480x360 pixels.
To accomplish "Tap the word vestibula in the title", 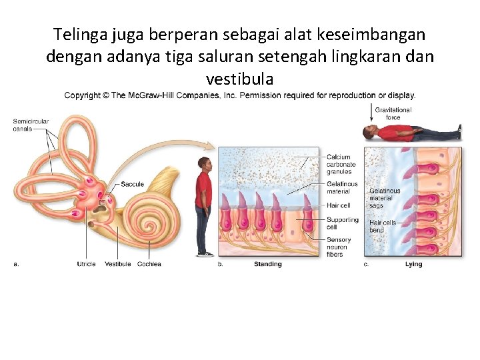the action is click(x=240, y=79).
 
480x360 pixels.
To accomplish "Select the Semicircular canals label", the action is click(x=31, y=125).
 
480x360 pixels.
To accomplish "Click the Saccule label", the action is click(x=132, y=184).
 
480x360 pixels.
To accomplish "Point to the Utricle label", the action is click(x=86, y=264).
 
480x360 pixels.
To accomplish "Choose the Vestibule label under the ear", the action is click(x=118, y=264).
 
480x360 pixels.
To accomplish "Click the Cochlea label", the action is click(x=149, y=264).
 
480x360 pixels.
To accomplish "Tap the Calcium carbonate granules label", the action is click(x=341, y=165).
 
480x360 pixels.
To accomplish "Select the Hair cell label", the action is click(x=339, y=205).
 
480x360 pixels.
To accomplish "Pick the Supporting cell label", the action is click(x=342, y=223).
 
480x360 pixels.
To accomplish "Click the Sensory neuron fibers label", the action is click(x=338, y=247).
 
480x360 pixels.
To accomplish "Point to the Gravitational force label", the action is click(x=393, y=113).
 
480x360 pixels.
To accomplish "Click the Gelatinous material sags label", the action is click(x=385, y=197).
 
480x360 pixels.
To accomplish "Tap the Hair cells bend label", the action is click(x=383, y=227).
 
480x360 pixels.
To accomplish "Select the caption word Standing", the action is click(x=267, y=265).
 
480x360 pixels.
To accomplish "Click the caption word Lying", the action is click(x=413, y=265).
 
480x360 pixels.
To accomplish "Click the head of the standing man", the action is click(x=205, y=164).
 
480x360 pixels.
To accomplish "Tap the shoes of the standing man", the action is click(x=205, y=253).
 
